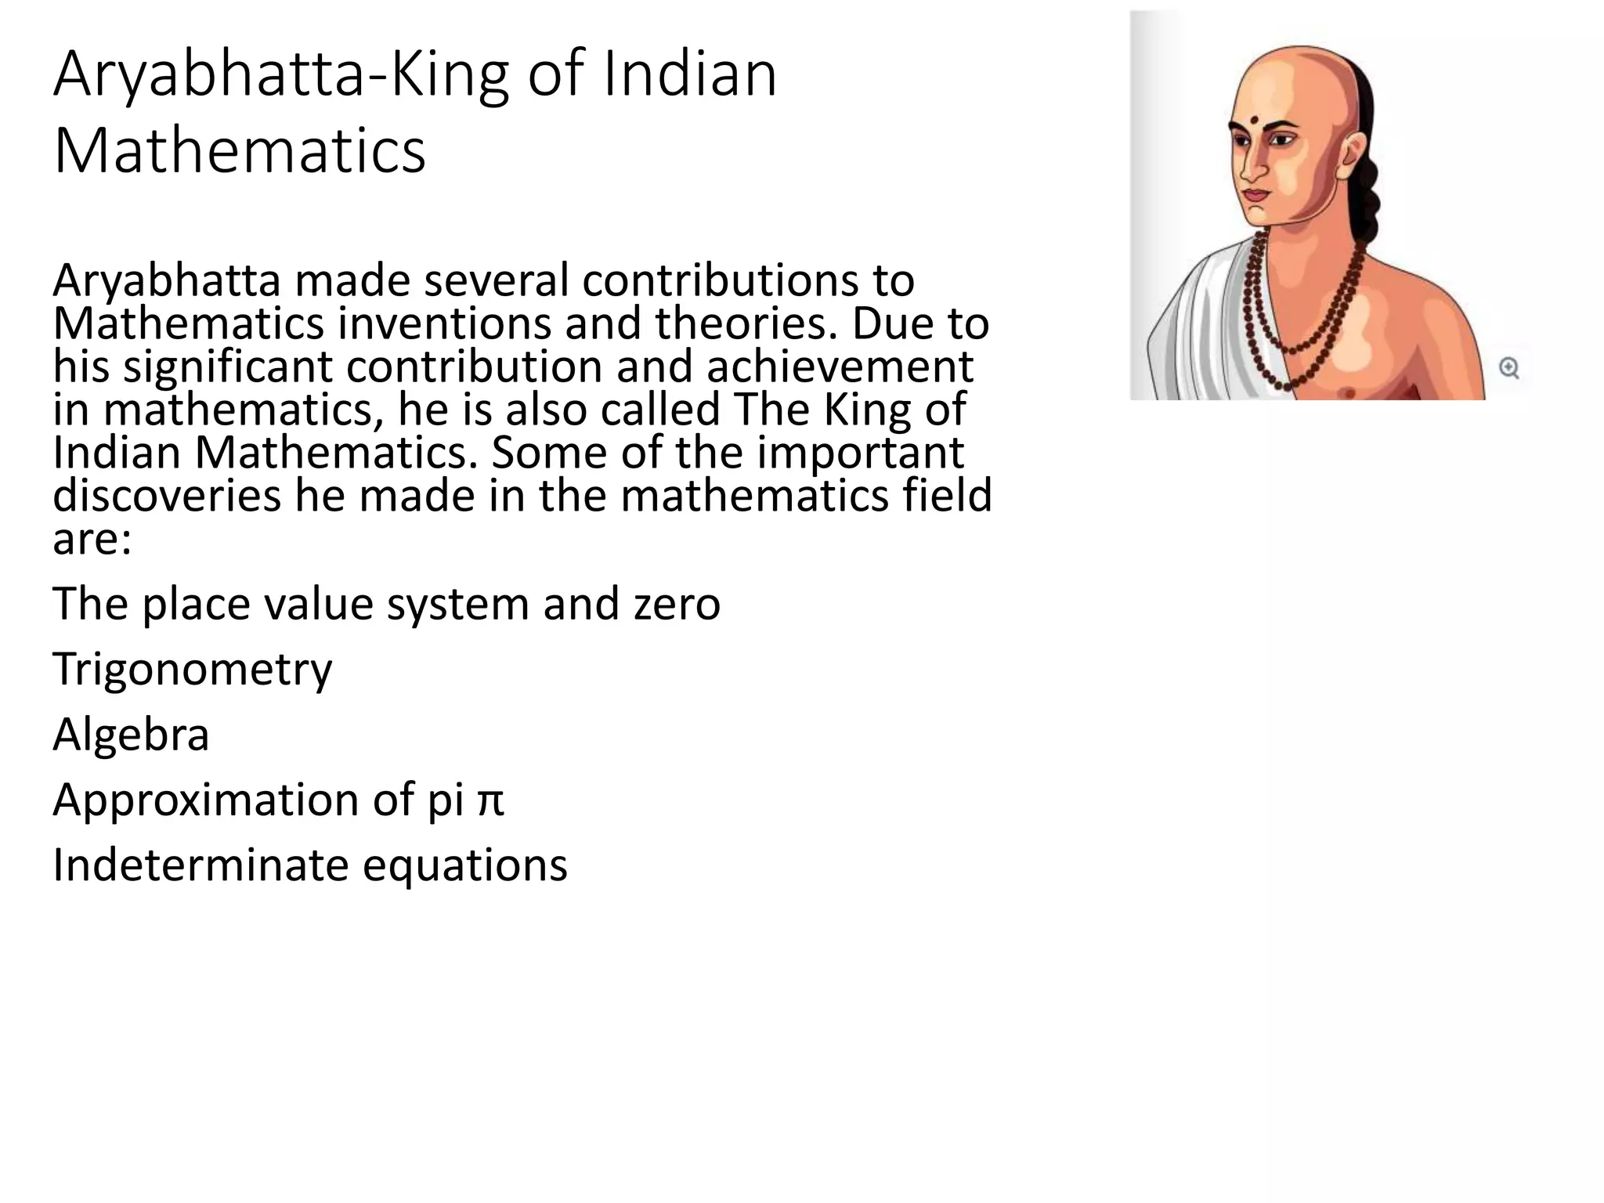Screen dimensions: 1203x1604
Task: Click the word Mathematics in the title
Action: [x=240, y=150]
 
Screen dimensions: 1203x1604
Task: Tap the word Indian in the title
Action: [x=689, y=74]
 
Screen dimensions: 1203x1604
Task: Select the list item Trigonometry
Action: [x=192, y=670]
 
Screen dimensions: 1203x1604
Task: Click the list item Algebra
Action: [x=131, y=735]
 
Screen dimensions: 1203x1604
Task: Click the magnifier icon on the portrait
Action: [x=1508, y=367]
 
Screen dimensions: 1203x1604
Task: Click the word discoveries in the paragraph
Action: [x=166, y=495]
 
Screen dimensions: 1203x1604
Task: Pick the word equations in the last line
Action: [x=464, y=866]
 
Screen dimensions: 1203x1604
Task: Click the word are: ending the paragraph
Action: [x=92, y=539]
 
